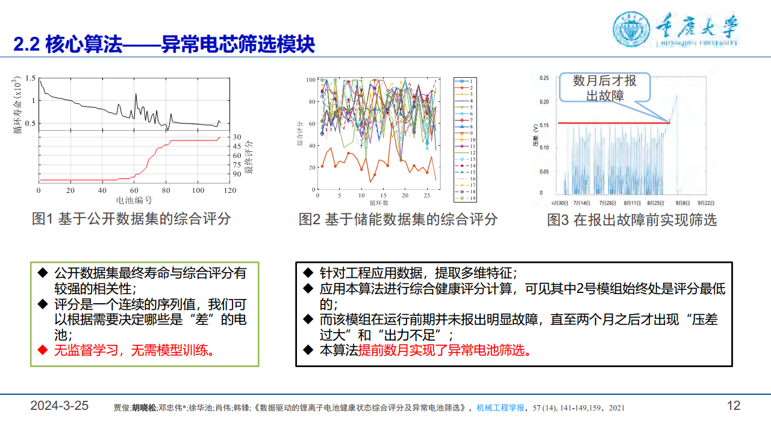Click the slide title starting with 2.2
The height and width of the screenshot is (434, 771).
[x=164, y=44]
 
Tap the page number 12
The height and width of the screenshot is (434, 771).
[x=733, y=406]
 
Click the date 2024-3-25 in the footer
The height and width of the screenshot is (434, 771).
[x=60, y=406]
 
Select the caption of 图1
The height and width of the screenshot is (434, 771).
[x=131, y=219]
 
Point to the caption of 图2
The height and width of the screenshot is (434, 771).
[x=398, y=219]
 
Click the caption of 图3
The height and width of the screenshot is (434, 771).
[x=632, y=220]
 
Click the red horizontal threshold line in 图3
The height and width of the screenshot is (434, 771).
[x=614, y=123]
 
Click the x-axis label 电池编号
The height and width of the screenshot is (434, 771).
[x=134, y=200]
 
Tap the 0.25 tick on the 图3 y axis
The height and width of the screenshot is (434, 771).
[x=544, y=78]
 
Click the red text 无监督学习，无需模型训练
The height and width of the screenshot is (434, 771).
[x=133, y=351]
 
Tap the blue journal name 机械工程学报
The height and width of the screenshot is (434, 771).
[x=501, y=408]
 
